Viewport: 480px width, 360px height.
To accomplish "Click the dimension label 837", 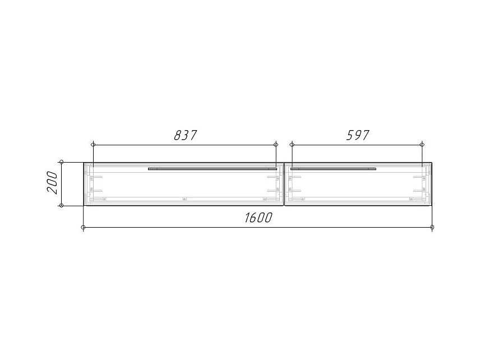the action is pyautogui.click(x=185, y=135).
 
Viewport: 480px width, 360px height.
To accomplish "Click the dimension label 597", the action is pyautogui.click(x=358, y=135).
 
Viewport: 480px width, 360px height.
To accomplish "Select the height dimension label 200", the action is pyautogui.click(x=52, y=183).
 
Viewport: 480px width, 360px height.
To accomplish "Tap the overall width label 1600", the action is pyautogui.click(x=258, y=218).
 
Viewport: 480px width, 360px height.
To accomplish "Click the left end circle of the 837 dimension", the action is pyautogui.click(x=94, y=145).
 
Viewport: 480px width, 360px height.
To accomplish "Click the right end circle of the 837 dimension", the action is pyautogui.click(x=276, y=145).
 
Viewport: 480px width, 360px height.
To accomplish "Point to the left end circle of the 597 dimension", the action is pyautogui.click(x=292, y=145).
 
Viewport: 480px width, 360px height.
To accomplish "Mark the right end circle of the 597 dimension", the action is pyautogui.click(x=422, y=145).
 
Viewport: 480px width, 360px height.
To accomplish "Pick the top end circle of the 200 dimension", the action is pyautogui.click(x=62, y=162).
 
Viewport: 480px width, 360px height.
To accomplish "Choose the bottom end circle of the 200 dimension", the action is pyautogui.click(x=62, y=205).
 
